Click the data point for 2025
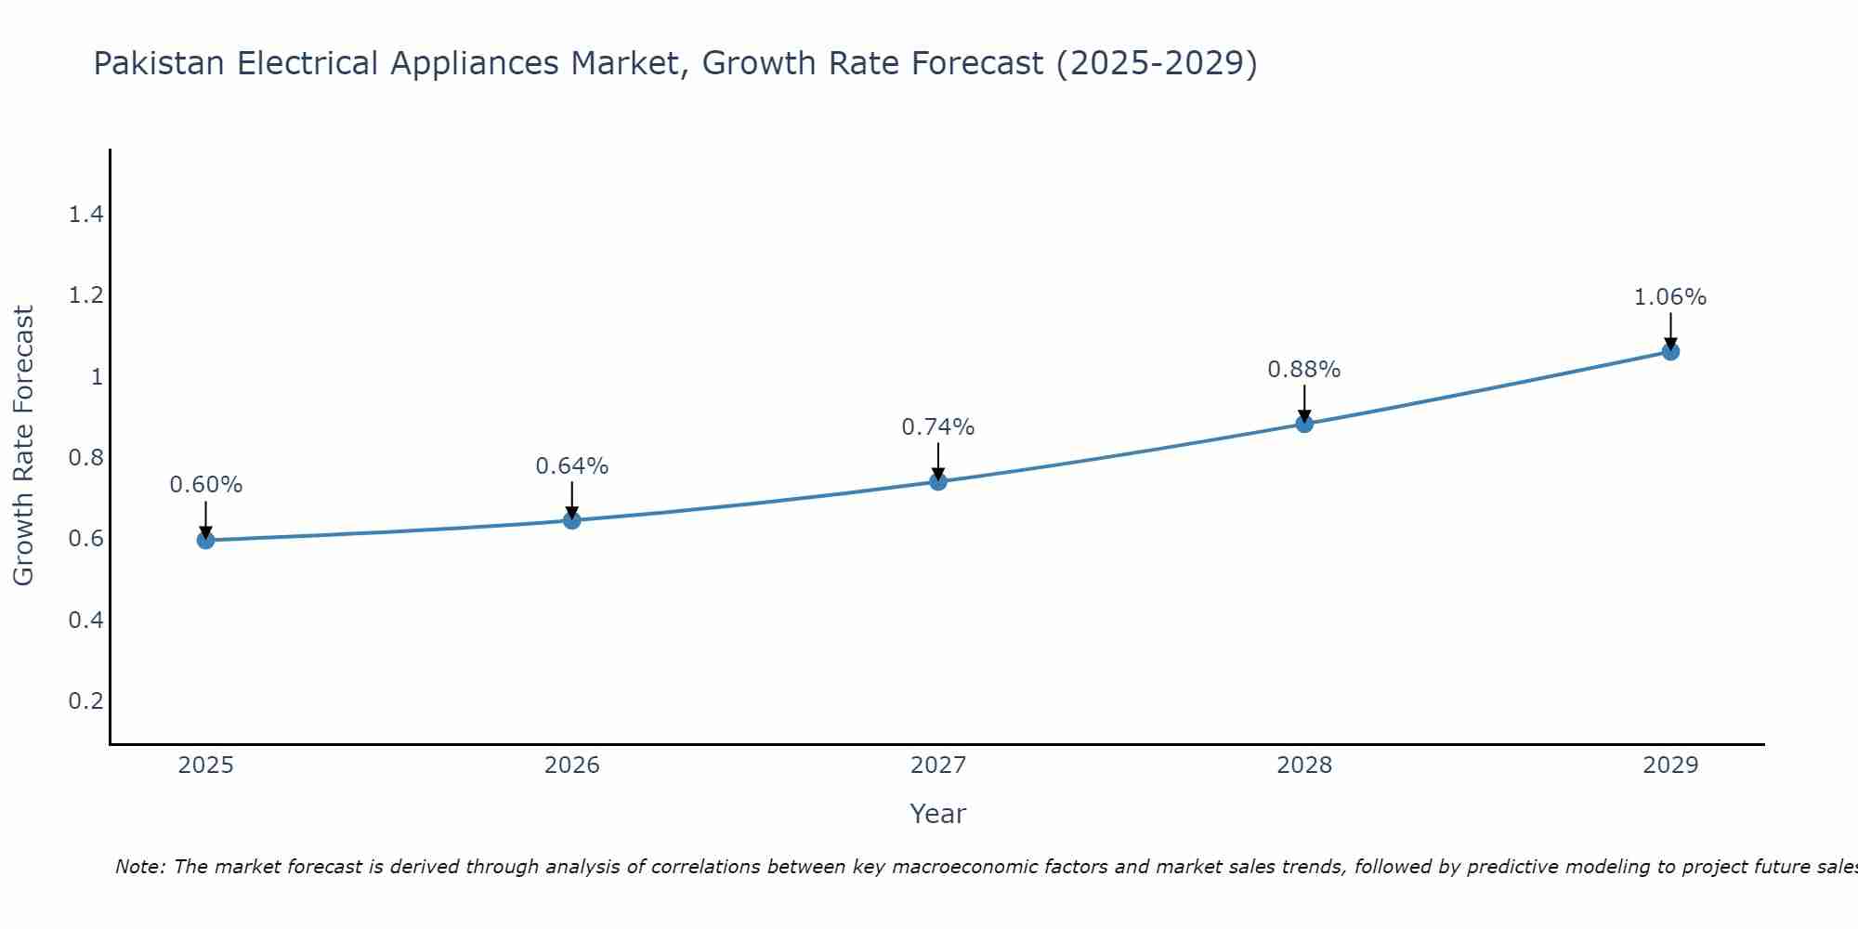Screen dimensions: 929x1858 [205, 540]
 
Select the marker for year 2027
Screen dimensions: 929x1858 [938, 481]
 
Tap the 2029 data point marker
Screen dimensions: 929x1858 [1670, 351]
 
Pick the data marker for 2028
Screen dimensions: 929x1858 [1304, 424]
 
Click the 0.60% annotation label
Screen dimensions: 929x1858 [206, 485]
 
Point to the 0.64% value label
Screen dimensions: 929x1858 [572, 466]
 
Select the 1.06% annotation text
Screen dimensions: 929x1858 [1670, 297]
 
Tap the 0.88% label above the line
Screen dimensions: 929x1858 [1304, 370]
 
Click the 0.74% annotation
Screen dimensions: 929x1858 [938, 427]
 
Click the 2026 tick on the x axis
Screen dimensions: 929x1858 [572, 765]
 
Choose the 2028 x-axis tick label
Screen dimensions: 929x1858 [1304, 765]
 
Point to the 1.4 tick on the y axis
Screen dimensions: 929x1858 [85, 216]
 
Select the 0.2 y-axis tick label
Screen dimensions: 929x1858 [85, 700]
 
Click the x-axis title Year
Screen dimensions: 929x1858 [938, 814]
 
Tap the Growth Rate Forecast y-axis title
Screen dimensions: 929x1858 [24, 446]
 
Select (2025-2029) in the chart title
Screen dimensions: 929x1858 [1157, 64]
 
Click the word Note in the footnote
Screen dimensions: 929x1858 [139, 867]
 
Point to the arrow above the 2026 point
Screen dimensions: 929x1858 [572, 500]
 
